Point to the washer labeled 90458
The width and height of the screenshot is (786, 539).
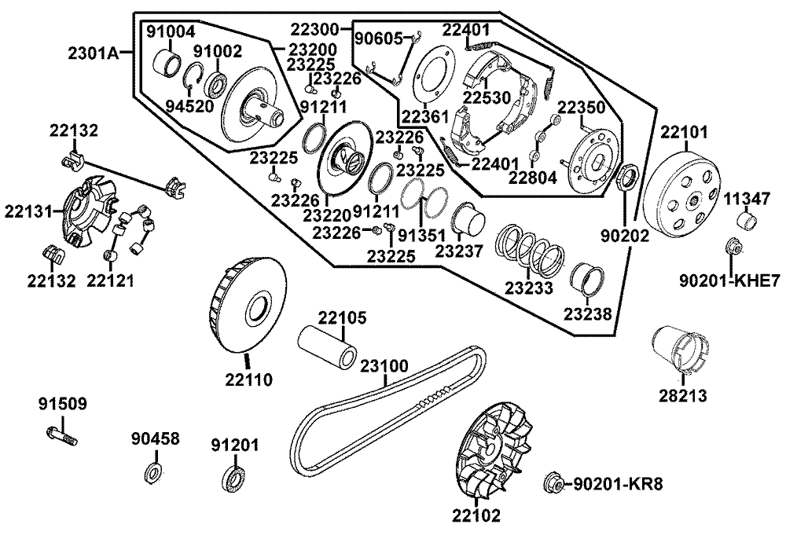[152, 474]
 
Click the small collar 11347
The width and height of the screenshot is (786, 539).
[746, 221]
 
